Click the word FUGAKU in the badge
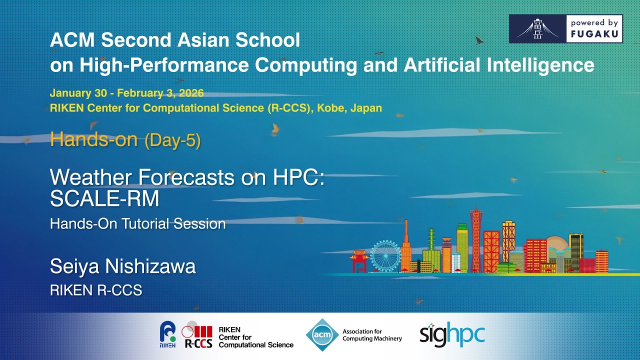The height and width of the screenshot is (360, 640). (594, 34)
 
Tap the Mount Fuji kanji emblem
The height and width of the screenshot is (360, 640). (537, 29)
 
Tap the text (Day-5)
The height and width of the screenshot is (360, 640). (172, 140)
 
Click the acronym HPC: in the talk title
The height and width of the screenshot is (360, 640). (299, 177)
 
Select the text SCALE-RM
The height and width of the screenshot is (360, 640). (104, 198)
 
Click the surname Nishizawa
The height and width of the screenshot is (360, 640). (150, 266)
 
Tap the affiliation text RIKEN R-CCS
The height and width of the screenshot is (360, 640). (96, 290)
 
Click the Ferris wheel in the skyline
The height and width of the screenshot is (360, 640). (385, 255)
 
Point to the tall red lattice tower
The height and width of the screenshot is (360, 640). (476, 238)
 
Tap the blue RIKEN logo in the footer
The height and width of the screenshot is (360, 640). (167, 334)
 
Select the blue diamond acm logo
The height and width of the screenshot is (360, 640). (322, 334)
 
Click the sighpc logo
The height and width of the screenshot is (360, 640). (452, 335)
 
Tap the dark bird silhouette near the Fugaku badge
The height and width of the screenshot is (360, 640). (479, 40)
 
